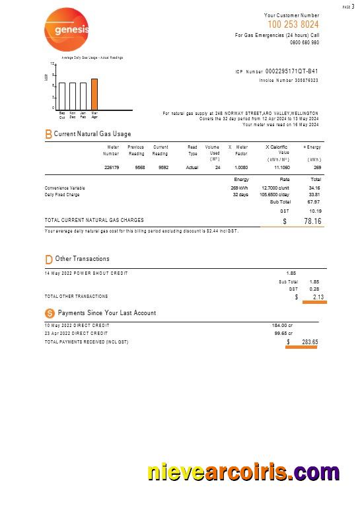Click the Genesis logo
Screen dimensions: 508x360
coord(66,29)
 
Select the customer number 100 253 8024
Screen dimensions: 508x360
coord(293,24)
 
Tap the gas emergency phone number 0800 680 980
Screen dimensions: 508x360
coord(304,42)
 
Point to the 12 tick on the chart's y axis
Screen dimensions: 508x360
coord(53,64)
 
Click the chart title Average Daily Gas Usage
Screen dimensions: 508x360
coord(92,57)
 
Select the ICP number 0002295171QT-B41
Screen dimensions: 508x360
coord(291,71)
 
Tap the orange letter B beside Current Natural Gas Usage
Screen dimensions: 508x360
coord(48,134)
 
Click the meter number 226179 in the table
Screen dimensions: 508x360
coord(112,168)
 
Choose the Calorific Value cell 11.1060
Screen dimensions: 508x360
coord(281,168)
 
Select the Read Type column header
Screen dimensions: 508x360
coord(192,151)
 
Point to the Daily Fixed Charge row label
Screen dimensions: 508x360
coord(62,195)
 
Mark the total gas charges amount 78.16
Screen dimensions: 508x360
coord(312,221)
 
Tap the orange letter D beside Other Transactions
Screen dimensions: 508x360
coord(48,259)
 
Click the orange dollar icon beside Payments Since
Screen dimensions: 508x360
coord(49,313)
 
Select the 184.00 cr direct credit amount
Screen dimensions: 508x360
coord(281,326)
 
